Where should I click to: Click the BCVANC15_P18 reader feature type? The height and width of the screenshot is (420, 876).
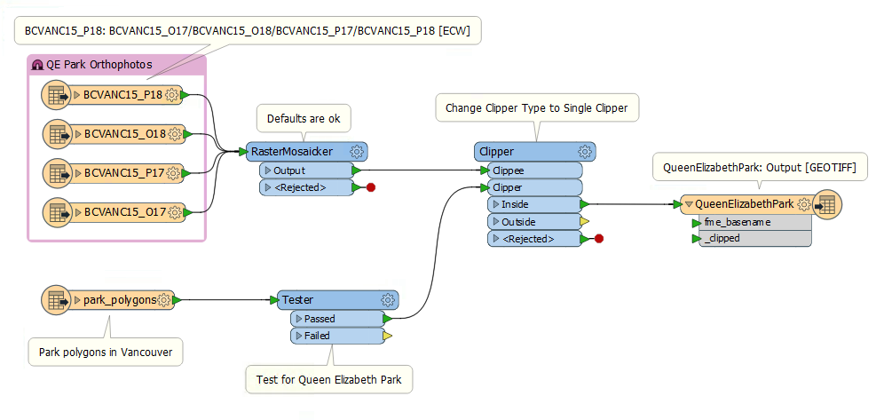pos(122,95)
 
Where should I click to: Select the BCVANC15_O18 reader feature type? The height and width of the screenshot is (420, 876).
pos(125,134)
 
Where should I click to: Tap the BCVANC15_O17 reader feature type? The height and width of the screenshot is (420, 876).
pos(125,211)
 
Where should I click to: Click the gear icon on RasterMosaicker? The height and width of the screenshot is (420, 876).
pos(357,152)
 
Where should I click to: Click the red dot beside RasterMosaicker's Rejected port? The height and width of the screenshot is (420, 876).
pos(371,187)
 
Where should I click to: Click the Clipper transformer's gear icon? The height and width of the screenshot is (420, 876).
pos(585,152)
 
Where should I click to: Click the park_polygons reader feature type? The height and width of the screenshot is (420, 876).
pos(119,300)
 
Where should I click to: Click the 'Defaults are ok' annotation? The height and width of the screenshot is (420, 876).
pos(304,117)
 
